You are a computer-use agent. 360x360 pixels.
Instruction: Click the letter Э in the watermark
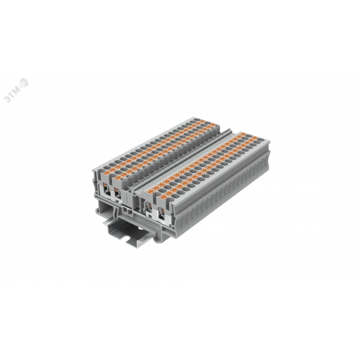[8, 99]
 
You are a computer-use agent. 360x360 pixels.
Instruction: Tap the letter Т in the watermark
[12, 95]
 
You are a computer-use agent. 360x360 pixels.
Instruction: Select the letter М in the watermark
[17, 90]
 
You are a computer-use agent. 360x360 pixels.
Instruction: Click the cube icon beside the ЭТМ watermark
[23, 83]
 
